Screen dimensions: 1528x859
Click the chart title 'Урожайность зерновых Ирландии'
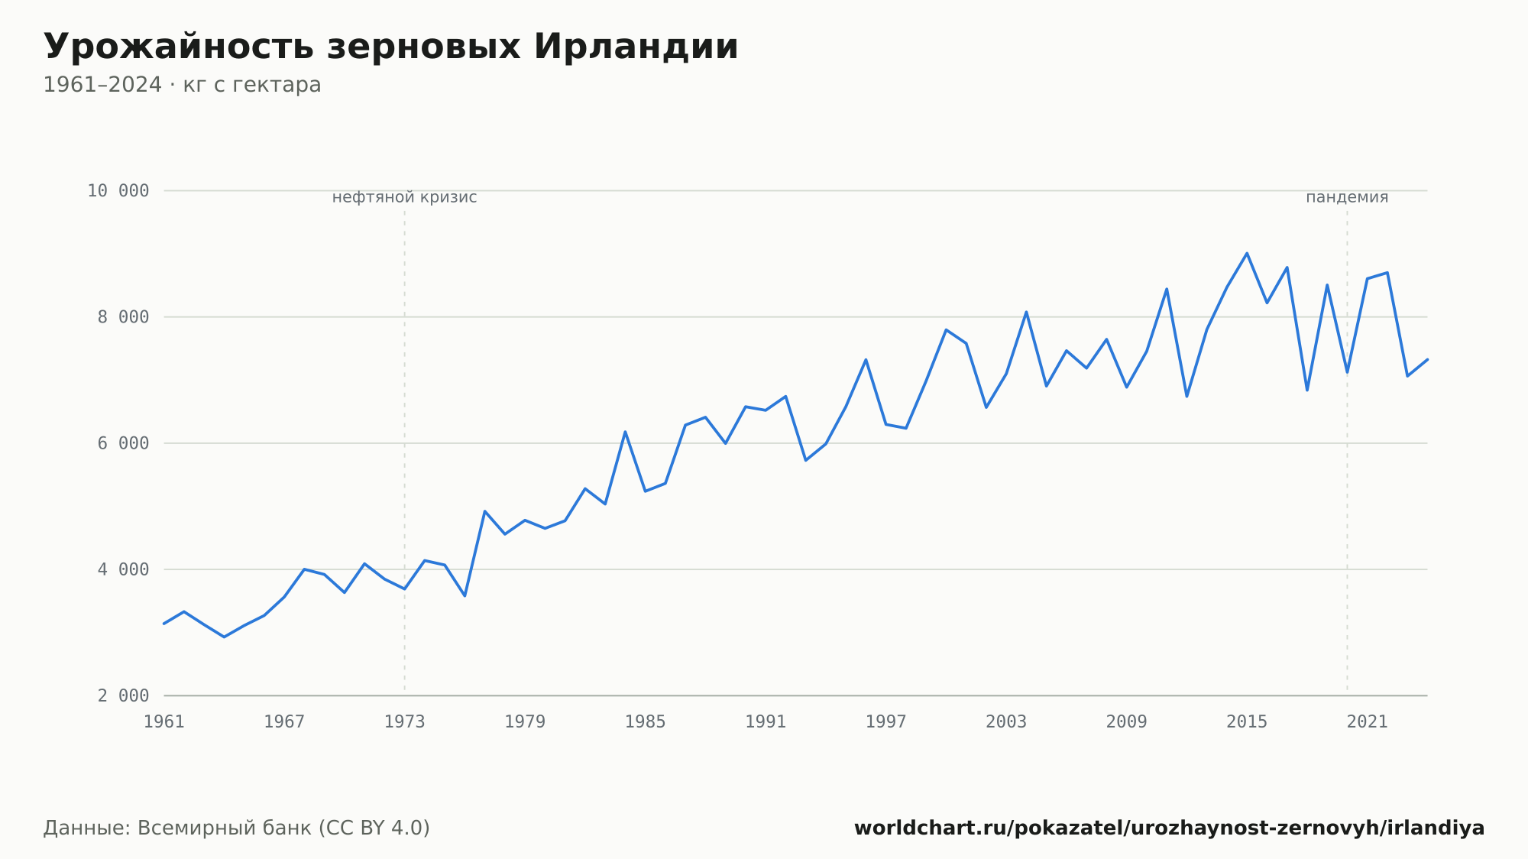[391, 47]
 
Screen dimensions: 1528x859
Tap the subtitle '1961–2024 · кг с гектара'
[182, 85]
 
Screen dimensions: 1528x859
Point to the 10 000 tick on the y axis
[118, 191]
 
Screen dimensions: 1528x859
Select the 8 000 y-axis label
[123, 317]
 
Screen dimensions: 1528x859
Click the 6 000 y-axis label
[123, 443]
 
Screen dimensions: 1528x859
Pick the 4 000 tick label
[123, 569]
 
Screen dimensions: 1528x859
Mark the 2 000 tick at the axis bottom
[123, 695]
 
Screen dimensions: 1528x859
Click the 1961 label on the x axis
[164, 722]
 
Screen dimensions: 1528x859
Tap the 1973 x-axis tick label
[405, 722]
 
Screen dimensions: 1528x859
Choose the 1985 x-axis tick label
[646, 722]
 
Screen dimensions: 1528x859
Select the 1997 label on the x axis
[886, 722]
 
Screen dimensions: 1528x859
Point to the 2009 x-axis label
[1127, 722]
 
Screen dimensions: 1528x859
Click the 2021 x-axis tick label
[1368, 722]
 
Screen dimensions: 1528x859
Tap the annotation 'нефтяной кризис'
[405, 197]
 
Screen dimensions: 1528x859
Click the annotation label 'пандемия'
[1347, 197]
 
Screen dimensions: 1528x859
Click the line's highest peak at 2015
[1247, 253]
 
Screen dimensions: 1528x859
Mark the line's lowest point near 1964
[224, 637]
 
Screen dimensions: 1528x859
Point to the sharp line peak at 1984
[625, 432]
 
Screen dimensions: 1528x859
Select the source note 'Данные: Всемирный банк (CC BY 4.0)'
[237, 828]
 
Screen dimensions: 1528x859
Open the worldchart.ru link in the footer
[1169, 828]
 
